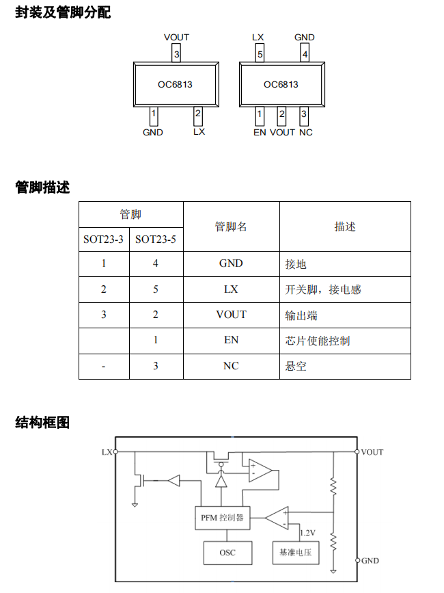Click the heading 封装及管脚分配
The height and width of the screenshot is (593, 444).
(63, 12)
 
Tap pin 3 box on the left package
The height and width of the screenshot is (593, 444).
(177, 53)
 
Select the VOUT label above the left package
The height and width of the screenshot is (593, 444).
(177, 38)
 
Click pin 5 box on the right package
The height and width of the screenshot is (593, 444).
(260, 53)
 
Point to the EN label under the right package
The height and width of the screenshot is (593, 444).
(260, 132)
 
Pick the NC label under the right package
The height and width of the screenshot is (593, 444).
(305, 132)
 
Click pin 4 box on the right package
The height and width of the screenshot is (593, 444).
(305, 53)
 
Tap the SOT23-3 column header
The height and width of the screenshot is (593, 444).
(104, 239)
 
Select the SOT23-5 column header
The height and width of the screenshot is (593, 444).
(156, 239)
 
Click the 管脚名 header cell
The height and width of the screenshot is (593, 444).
(231, 226)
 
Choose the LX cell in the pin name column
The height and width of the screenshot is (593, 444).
(231, 289)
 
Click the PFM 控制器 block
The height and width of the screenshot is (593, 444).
(222, 518)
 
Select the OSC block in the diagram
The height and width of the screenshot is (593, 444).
(227, 552)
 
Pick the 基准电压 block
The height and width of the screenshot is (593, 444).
(296, 552)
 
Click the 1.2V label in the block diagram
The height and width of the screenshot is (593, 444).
(308, 532)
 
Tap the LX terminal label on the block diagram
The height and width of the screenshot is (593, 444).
(107, 452)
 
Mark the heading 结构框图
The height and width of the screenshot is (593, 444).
(42, 423)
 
